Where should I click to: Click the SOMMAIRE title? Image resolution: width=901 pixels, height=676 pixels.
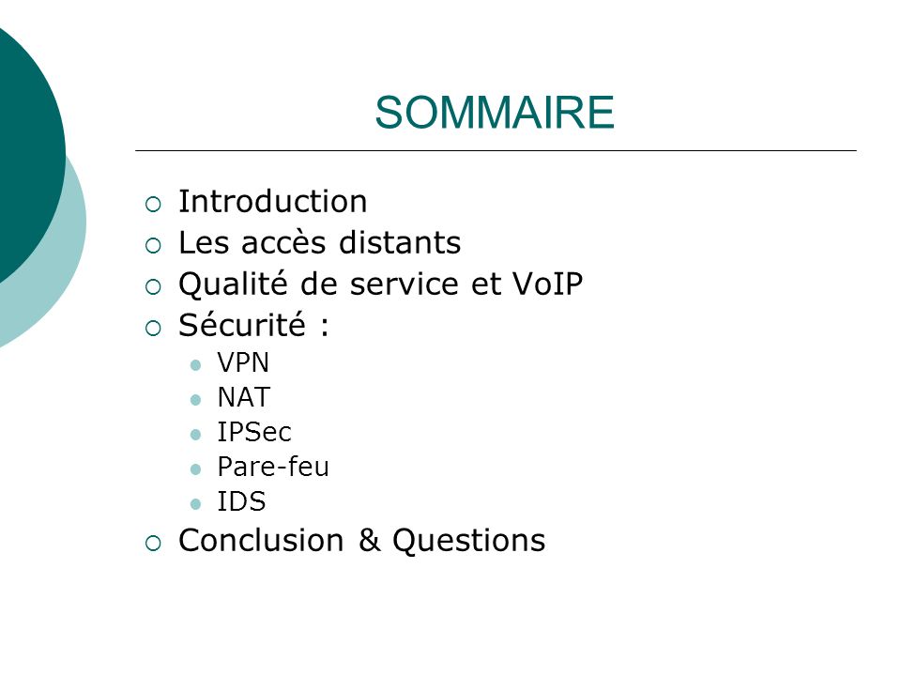tap(495, 112)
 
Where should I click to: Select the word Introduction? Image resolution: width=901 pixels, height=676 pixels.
tap(272, 202)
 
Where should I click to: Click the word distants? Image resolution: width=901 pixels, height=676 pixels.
tap(400, 242)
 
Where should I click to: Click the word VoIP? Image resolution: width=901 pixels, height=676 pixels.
tap(547, 284)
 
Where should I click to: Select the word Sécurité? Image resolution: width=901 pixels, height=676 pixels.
tap(242, 325)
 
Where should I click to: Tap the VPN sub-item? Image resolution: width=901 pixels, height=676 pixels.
tap(243, 362)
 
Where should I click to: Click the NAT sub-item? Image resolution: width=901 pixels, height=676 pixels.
tap(244, 397)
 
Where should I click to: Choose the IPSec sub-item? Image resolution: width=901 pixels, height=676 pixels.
tap(254, 432)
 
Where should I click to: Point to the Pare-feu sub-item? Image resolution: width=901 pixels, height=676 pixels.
tap(273, 467)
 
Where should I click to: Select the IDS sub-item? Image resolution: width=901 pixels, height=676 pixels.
tap(241, 501)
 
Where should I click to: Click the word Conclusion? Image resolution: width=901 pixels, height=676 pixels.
tap(261, 541)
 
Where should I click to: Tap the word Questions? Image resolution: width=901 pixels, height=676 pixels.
tap(469, 541)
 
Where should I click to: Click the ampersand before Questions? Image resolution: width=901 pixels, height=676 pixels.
tap(370, 541)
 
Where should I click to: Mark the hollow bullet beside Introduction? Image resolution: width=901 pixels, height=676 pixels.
tap(153, 205)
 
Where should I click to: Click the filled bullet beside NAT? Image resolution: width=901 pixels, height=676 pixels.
tap(195, 400)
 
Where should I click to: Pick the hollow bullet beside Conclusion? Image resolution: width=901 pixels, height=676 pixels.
tap(153, 544)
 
